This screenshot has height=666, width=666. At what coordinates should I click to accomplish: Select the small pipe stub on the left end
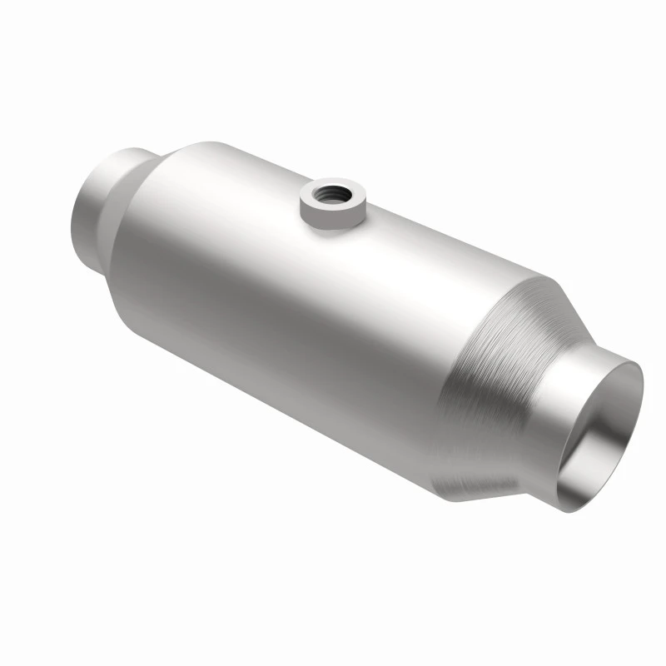point(100,208)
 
